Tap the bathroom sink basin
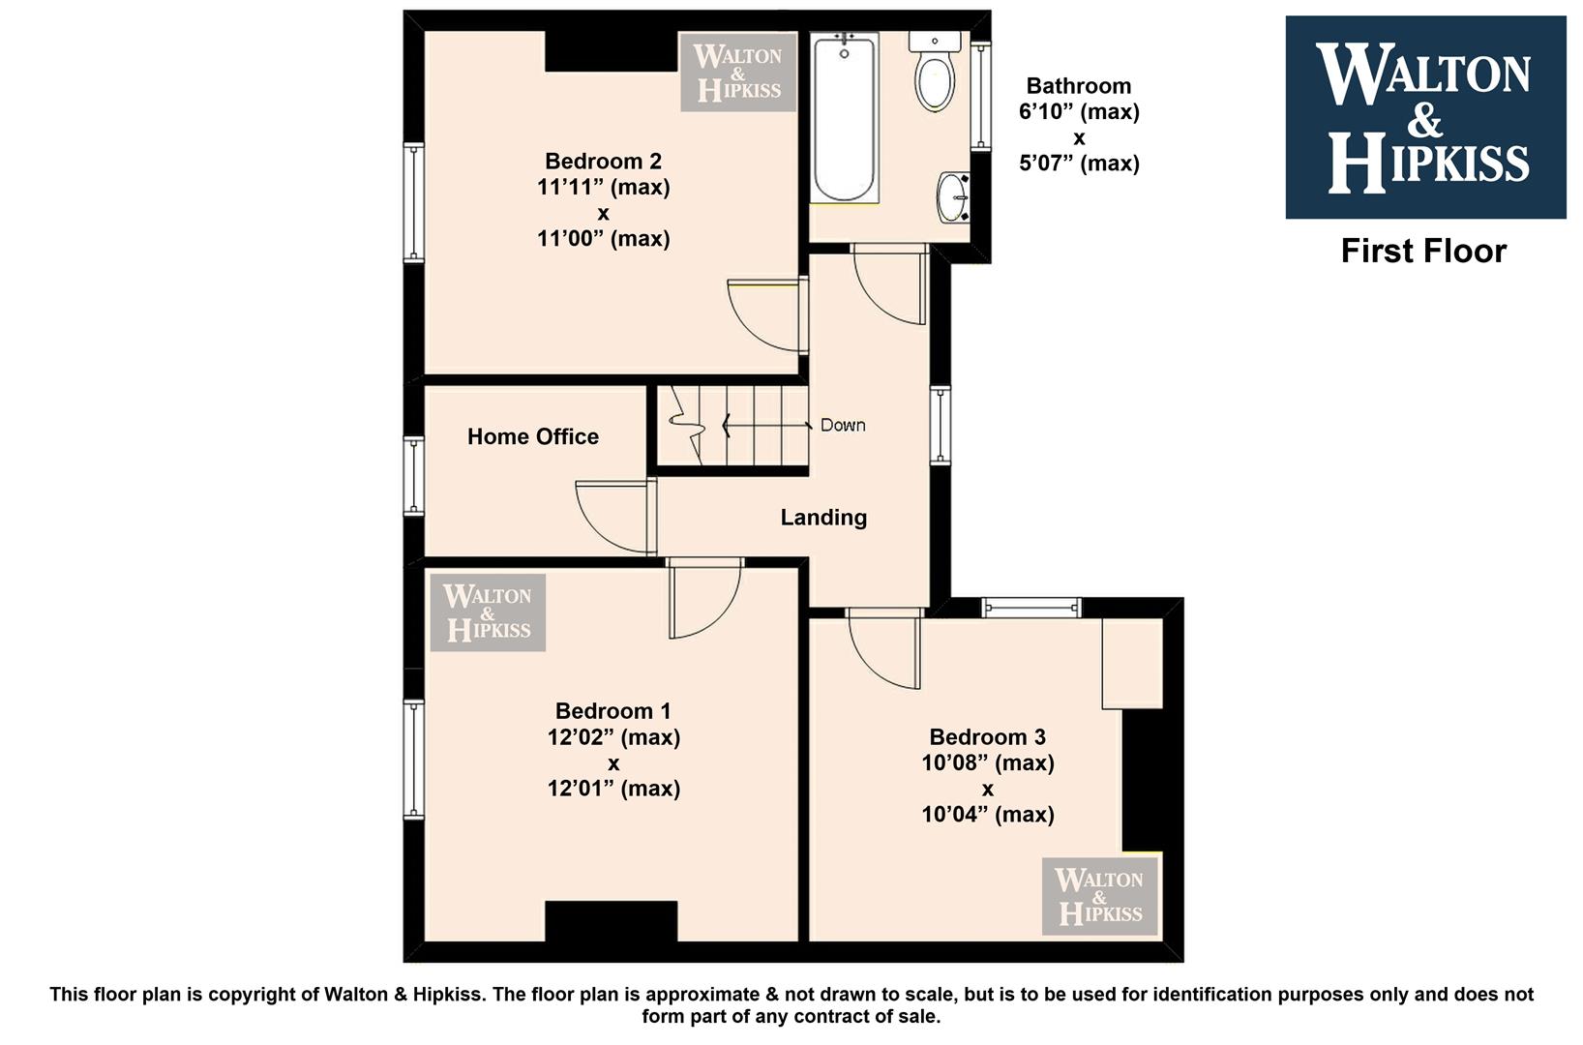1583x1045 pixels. click(953, 197)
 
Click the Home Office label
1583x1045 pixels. click(533, 436)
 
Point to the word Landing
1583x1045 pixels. click(823, 518)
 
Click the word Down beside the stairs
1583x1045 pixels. click(843, 425)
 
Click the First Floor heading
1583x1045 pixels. click(1423, 252)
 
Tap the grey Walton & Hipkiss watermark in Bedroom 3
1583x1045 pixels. click(1099, 896)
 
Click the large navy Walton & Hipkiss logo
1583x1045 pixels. click(1425, 117)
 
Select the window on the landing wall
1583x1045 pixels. click(940, 425)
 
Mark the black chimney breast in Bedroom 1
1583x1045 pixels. click(611, 921)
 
